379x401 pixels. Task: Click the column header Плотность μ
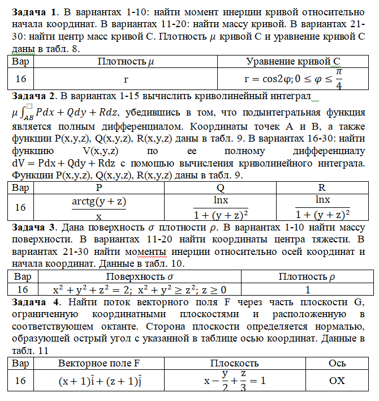point(126,61)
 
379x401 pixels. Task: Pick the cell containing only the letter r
point(126,78)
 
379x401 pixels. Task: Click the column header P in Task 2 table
point(98,187)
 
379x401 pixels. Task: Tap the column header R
point(321,187)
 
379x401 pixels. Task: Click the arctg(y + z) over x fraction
point(98,207)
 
